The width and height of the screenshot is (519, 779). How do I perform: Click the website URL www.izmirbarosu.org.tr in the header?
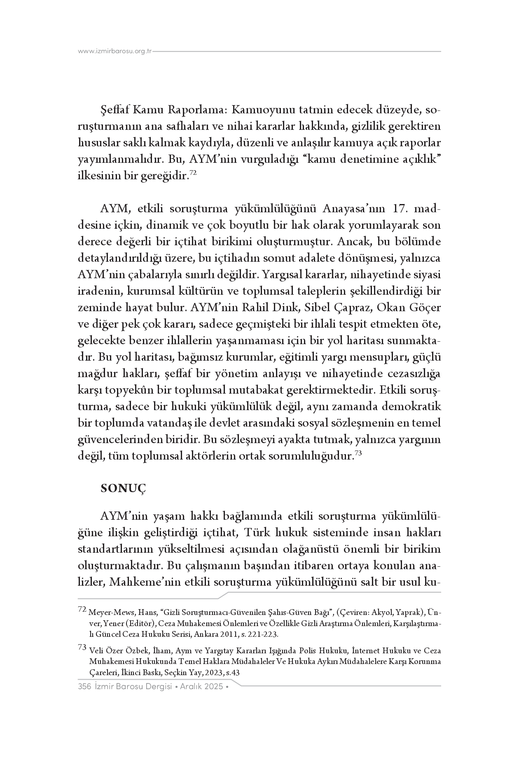115,51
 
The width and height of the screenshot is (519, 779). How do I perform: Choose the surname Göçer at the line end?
425,308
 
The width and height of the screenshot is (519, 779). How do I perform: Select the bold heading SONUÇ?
124,488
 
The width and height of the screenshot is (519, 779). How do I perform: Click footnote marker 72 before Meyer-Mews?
82,609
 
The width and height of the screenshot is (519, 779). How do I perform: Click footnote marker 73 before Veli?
82,648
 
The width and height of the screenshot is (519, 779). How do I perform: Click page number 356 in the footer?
84,686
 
